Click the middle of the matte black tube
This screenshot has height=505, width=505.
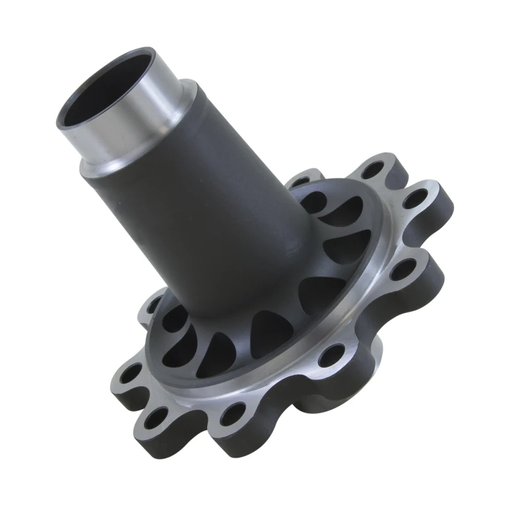pyautogui.click(x=208, y=202)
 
